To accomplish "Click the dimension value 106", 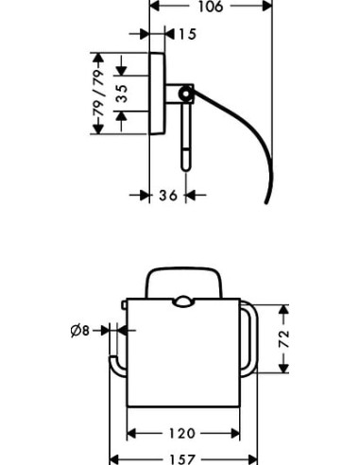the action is pos(211,7).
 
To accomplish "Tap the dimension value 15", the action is pos(187,34).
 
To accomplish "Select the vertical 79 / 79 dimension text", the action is pos(98,93).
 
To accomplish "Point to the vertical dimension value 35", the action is pos(121,94).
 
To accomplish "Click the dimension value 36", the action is pos(168,196).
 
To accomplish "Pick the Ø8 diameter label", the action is pos(80,331).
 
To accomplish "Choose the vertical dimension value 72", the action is pos(284,338).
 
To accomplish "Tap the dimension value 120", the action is pos(182,433).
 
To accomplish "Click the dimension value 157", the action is pos(182,459).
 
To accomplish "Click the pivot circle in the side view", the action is pos(186,94).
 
